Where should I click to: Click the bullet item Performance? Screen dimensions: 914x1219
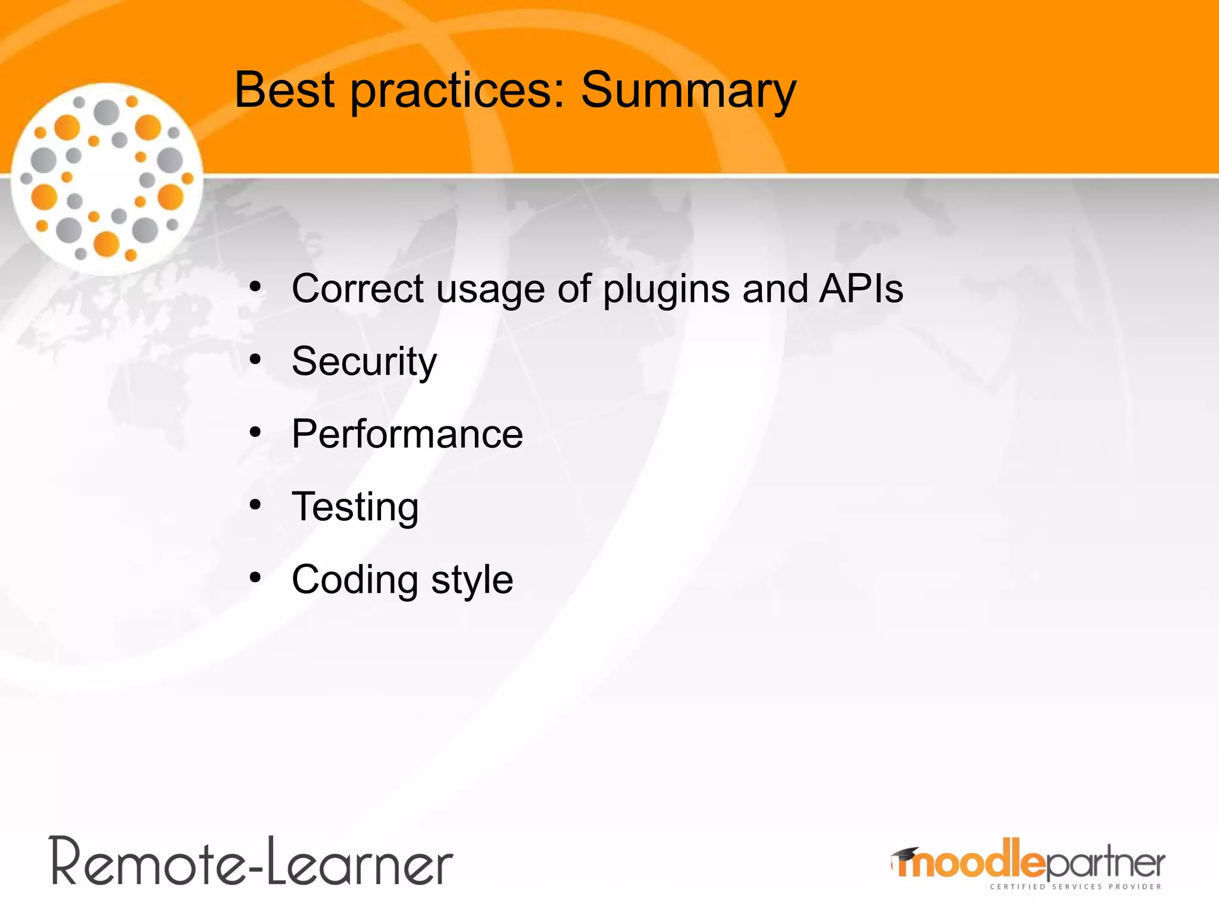407,434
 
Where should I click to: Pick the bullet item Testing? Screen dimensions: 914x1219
355,507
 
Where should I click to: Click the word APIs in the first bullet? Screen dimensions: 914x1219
861,289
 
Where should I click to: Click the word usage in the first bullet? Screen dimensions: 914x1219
490,290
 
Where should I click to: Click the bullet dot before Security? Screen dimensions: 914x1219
255,360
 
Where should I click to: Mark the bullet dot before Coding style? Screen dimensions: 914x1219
255,578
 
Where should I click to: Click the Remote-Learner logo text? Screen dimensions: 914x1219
251,863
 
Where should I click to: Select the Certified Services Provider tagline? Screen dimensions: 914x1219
1075,887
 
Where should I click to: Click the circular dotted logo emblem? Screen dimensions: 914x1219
107,179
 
